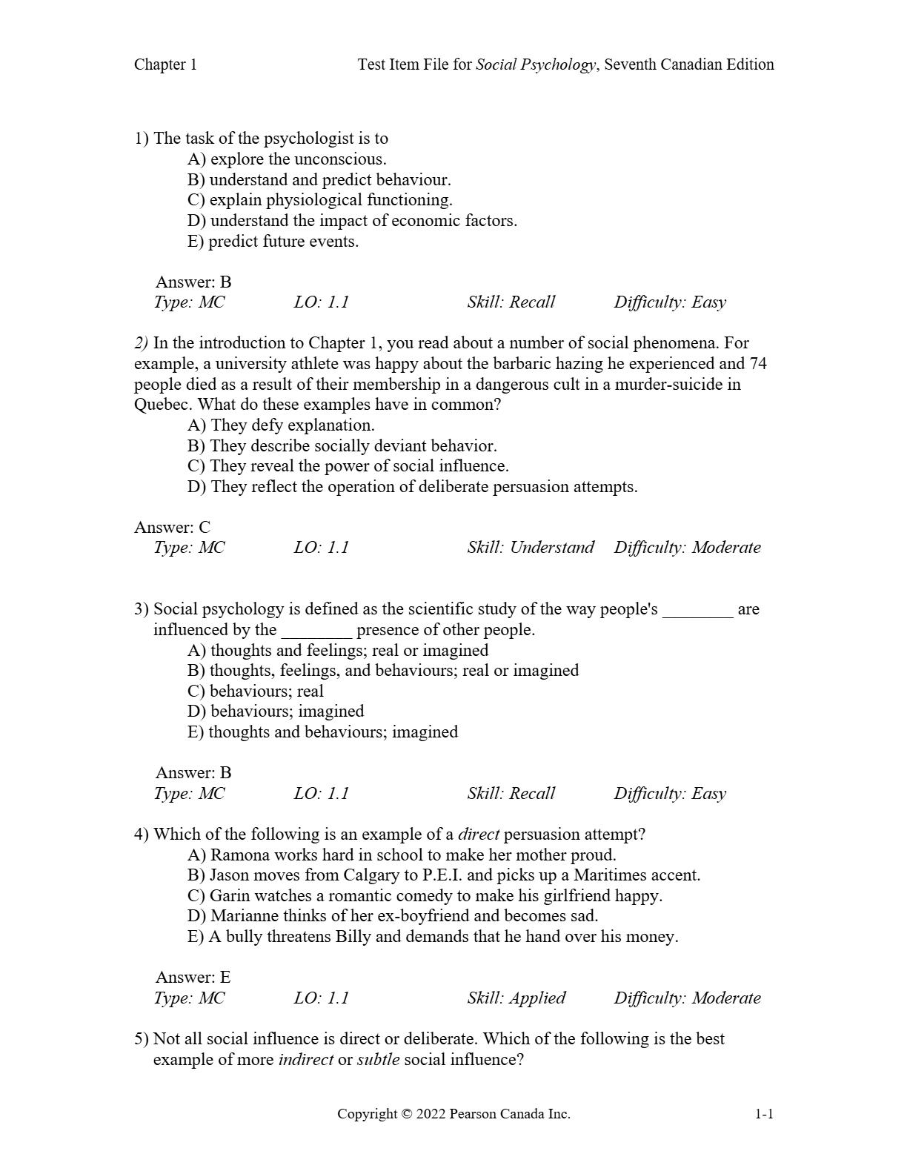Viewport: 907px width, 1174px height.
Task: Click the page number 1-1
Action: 764,1114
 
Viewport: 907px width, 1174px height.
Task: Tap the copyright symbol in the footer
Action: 405,1114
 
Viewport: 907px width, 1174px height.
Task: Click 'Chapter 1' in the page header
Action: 165,64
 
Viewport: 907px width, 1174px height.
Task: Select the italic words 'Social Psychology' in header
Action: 535,64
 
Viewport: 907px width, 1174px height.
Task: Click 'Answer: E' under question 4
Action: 193,977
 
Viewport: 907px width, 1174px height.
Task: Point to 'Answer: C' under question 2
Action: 172,527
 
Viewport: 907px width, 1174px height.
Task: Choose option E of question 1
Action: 273,242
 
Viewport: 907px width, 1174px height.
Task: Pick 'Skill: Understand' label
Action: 531,548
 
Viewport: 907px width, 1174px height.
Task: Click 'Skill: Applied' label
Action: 516,998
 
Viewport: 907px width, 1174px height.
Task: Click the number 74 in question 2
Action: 757,364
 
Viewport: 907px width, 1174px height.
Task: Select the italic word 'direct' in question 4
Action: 479,835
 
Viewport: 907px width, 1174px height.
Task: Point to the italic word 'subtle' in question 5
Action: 378,1060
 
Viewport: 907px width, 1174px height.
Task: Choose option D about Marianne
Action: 393,916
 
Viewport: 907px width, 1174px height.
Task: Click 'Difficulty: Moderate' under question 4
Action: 687,998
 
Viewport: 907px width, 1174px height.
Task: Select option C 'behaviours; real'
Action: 256,692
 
